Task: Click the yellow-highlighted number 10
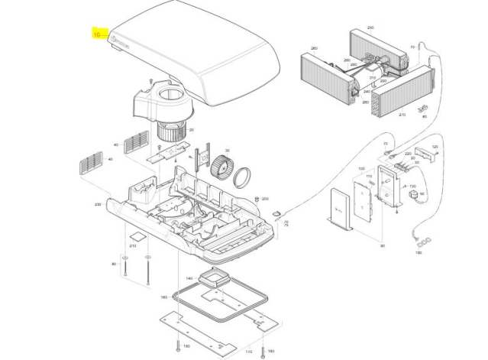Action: [97, 34]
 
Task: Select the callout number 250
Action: [370, 28]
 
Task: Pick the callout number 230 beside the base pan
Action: [97, 205]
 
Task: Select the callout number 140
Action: [189, 278]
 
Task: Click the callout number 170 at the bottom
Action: [248, 352]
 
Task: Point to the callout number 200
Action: [265, 199]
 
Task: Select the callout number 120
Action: [435, 148]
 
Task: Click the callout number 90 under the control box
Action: [381, 245]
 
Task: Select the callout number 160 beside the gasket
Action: [163, 297]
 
